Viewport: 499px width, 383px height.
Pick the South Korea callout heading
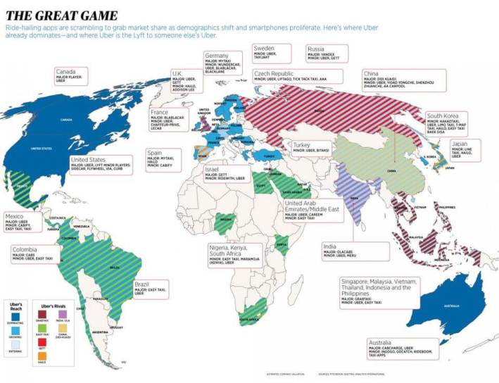(x=443, y=116)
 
